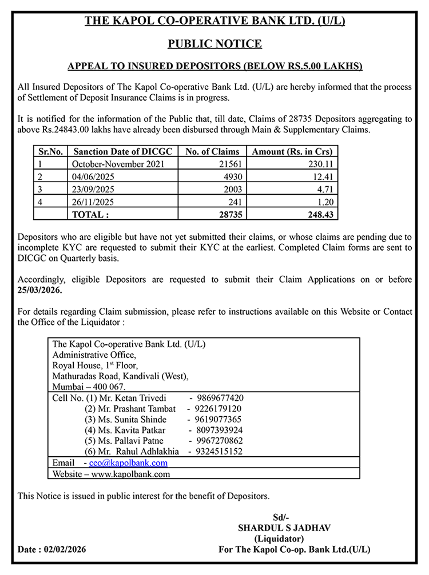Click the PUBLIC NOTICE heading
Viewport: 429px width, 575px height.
(x=214, y=44)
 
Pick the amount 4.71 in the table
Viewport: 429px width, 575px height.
(x=324, y=189)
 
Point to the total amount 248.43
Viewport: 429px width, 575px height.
(x=321, y=215)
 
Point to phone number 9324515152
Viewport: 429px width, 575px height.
(x=220, y=452)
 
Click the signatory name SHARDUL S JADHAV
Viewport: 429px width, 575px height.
(x=280, y=528)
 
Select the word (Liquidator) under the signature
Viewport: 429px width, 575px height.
(x=279, y=538)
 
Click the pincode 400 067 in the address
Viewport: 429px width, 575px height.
(x=101, y=387)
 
